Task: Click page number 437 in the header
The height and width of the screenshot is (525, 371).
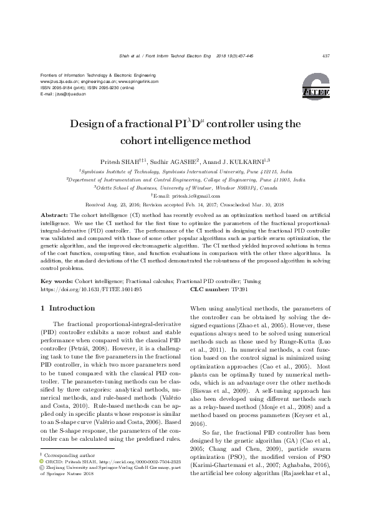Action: click(x=325, y=55)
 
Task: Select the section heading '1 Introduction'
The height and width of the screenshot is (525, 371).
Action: click(x=67, y=308)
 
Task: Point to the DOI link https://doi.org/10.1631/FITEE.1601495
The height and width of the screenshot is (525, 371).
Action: click(x=91, y=289)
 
